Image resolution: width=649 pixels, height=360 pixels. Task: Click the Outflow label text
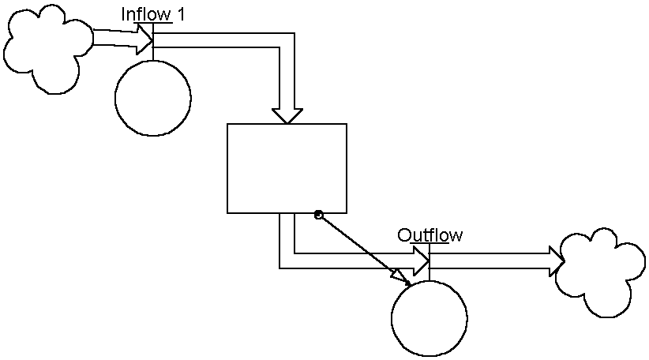point(430,235)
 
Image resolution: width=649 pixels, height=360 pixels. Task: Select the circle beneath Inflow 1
point(152,98)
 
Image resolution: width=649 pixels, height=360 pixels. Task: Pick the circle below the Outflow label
point(429,318)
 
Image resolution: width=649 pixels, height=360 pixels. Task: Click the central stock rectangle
point(287,168)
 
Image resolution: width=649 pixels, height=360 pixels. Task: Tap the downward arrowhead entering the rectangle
point(287,116)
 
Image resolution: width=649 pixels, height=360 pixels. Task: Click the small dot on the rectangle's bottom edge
point(318,215)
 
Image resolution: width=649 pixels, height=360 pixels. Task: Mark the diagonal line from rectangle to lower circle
point(359,246)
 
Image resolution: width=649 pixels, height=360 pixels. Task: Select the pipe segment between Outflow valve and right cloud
point(490,261)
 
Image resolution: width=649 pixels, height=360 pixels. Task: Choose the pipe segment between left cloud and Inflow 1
point(114,37)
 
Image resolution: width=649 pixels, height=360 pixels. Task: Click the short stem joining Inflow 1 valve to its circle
point(152,54)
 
